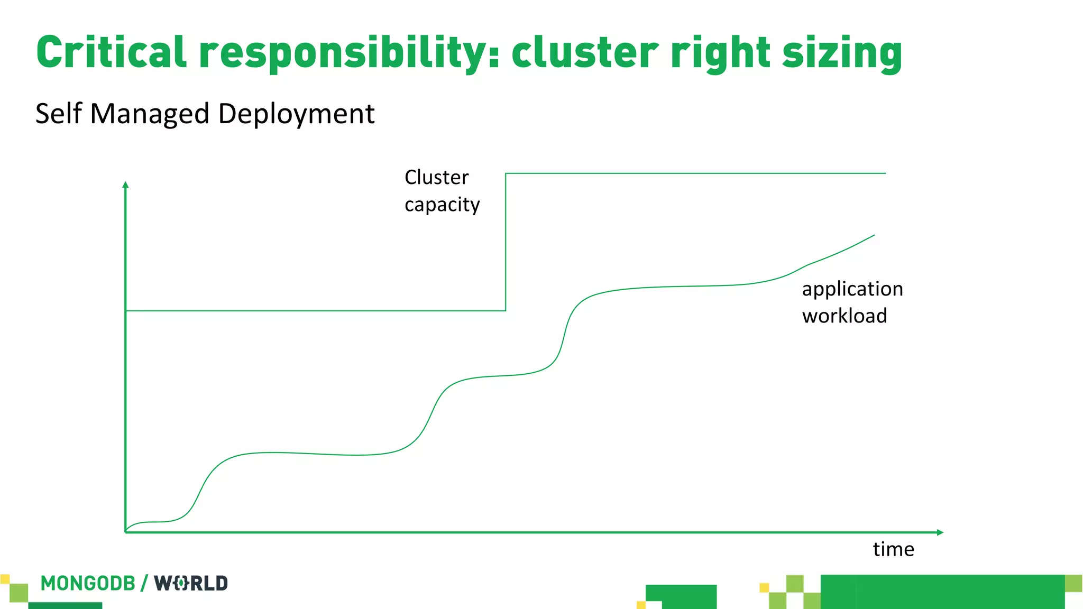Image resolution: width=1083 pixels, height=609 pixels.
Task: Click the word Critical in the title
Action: (x=111, y=52)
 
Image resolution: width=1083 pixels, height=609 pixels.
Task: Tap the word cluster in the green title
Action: (x=585, y=52)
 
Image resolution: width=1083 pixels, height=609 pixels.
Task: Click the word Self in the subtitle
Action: (x=59, y=113)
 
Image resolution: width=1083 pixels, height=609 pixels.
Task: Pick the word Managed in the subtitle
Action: (x=150, y=114)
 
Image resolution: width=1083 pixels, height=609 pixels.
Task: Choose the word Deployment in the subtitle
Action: (x=296, y=114)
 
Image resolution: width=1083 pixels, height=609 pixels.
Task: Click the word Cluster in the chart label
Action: (x=436, y=177)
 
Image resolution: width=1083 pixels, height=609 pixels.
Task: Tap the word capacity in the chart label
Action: (x=442, y=205)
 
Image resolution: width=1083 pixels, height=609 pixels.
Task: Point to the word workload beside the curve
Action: (x=845, y=316)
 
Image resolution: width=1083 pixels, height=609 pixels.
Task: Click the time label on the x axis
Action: (x=893, y=549)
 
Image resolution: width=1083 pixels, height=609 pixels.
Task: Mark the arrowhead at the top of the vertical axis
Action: (x=125, y=184)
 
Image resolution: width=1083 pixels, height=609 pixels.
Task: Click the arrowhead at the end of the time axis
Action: (x=940, y=532)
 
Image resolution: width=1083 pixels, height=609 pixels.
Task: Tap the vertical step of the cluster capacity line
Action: (x=506, y=242)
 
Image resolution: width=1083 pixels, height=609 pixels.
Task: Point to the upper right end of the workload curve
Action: (x=874, y=236)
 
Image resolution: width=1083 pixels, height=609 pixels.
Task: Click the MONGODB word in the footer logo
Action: (x=88, y=583)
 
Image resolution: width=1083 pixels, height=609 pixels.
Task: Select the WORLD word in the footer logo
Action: (x=191, y=583)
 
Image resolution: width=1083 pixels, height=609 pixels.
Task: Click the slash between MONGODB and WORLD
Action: (x=144, y=583)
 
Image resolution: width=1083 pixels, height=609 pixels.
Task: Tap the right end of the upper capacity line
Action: (x=885, y=173)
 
